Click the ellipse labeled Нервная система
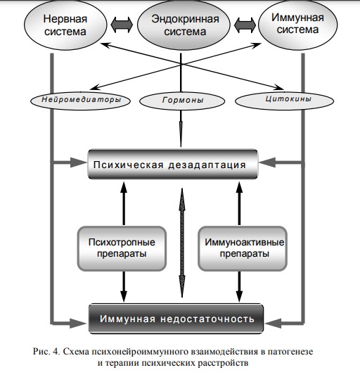tap(65, 25)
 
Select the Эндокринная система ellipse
tap(184, 25)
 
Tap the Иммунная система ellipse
tap(297, 25)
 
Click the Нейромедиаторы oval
tap(80, 101)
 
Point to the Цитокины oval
tap(284, 101)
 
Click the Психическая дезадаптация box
tap(173, 164)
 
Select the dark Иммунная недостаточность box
tap(176, 319)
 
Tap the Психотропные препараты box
tap(122, 248)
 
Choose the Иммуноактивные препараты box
tap(243, 248)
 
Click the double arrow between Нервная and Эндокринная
tap(122, 25)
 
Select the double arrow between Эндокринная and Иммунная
tap(245, 25)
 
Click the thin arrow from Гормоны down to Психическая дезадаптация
tap(181, 129)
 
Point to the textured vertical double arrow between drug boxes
tap(182, 243)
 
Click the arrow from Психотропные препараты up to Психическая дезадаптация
tap(124, 204)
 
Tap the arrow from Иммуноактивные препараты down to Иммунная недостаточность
tap(239, 286)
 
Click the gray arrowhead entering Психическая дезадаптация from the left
tap(78, 162)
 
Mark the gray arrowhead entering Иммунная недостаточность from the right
tap(274, 323)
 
